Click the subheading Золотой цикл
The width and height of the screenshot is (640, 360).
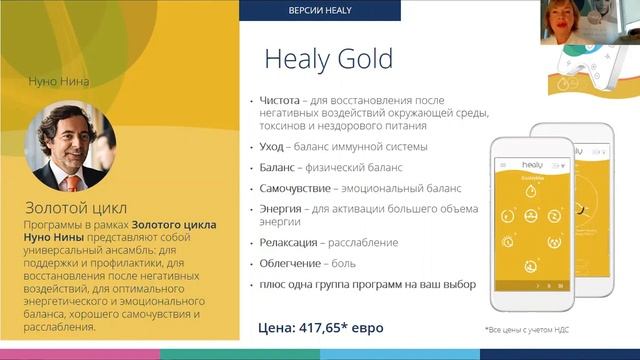click(x=77, y=208)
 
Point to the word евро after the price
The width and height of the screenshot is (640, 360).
click(x=367, y=327)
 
